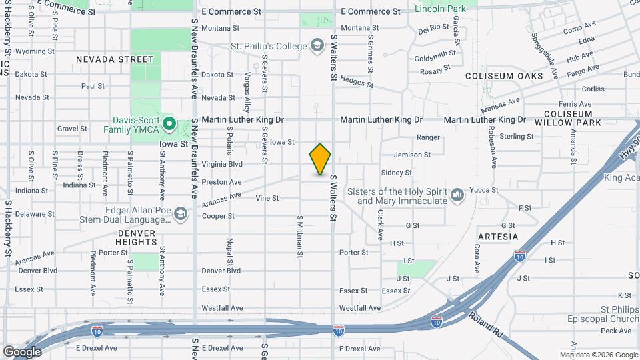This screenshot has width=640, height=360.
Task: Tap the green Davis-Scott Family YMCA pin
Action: (169, 123)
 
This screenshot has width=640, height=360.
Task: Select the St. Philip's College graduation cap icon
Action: (317, 46)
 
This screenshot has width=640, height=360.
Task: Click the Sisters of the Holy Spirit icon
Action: (457, 195)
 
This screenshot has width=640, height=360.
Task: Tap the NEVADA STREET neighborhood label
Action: (115, 59)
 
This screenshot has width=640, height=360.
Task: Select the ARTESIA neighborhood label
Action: (498, 237)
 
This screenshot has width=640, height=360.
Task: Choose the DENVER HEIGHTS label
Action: (137, 238)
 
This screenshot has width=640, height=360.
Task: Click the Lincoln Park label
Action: (440, 9)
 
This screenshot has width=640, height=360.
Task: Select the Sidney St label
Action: (397, 173)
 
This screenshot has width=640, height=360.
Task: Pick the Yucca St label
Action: (484, 190)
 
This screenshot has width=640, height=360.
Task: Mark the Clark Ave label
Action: (379, 225)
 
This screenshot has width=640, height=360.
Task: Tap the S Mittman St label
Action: (300, 236)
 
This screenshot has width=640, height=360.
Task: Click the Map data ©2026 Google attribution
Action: (598, 355)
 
